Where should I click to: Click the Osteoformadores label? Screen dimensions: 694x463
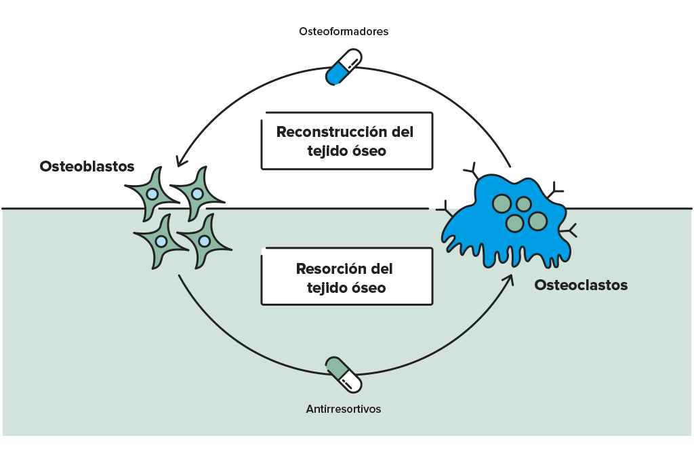(x=344, y=31)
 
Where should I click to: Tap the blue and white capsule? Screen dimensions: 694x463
(x=344, y=67)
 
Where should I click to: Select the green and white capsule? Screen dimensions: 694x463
(x=344, y=374)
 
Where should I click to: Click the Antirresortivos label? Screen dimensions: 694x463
(x=344, y=409)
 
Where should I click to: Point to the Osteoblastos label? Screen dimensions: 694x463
(x=87, y=167)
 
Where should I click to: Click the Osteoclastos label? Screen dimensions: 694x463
(x=581, y=285)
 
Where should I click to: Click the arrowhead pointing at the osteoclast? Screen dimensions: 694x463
(x=509, y=280)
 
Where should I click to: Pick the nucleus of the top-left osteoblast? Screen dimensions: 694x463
(x=152, y=194)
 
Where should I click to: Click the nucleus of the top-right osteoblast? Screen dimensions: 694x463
(x=197, y=194)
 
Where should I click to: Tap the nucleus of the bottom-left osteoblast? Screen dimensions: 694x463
(x=161, y=242)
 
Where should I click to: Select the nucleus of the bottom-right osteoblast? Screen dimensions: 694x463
(x=204, y=241)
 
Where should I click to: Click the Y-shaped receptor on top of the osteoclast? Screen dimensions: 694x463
(x=472, y=171)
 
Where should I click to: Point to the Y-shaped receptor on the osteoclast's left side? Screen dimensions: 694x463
(x=445, y=209)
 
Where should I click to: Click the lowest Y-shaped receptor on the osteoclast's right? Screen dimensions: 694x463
(x=569, y=230)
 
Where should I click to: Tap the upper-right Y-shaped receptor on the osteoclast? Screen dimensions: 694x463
(x=555, y=190)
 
